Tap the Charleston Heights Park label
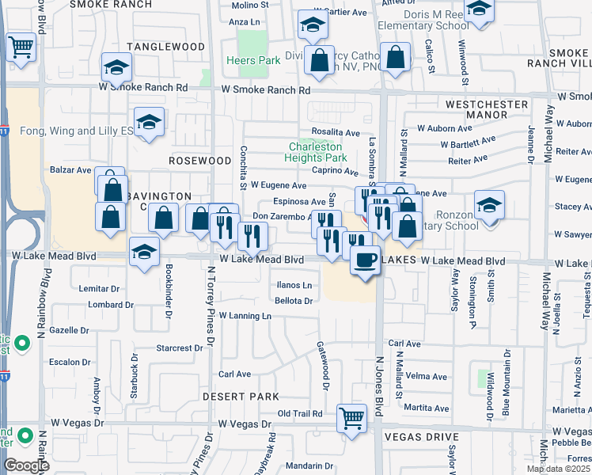coord(316,152)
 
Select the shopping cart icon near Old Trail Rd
coord(351,418)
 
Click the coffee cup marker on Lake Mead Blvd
coord(365,260)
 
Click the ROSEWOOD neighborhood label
coord(199,160)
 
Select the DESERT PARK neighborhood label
coord(241,396)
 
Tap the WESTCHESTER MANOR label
coord(487,109)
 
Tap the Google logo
coord(26,465)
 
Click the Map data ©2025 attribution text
coord(558,469)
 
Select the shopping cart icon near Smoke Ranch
coord(21,47)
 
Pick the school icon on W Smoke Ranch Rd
coord(116,70)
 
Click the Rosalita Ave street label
coord(336,133)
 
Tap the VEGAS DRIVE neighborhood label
coord(421,437)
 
